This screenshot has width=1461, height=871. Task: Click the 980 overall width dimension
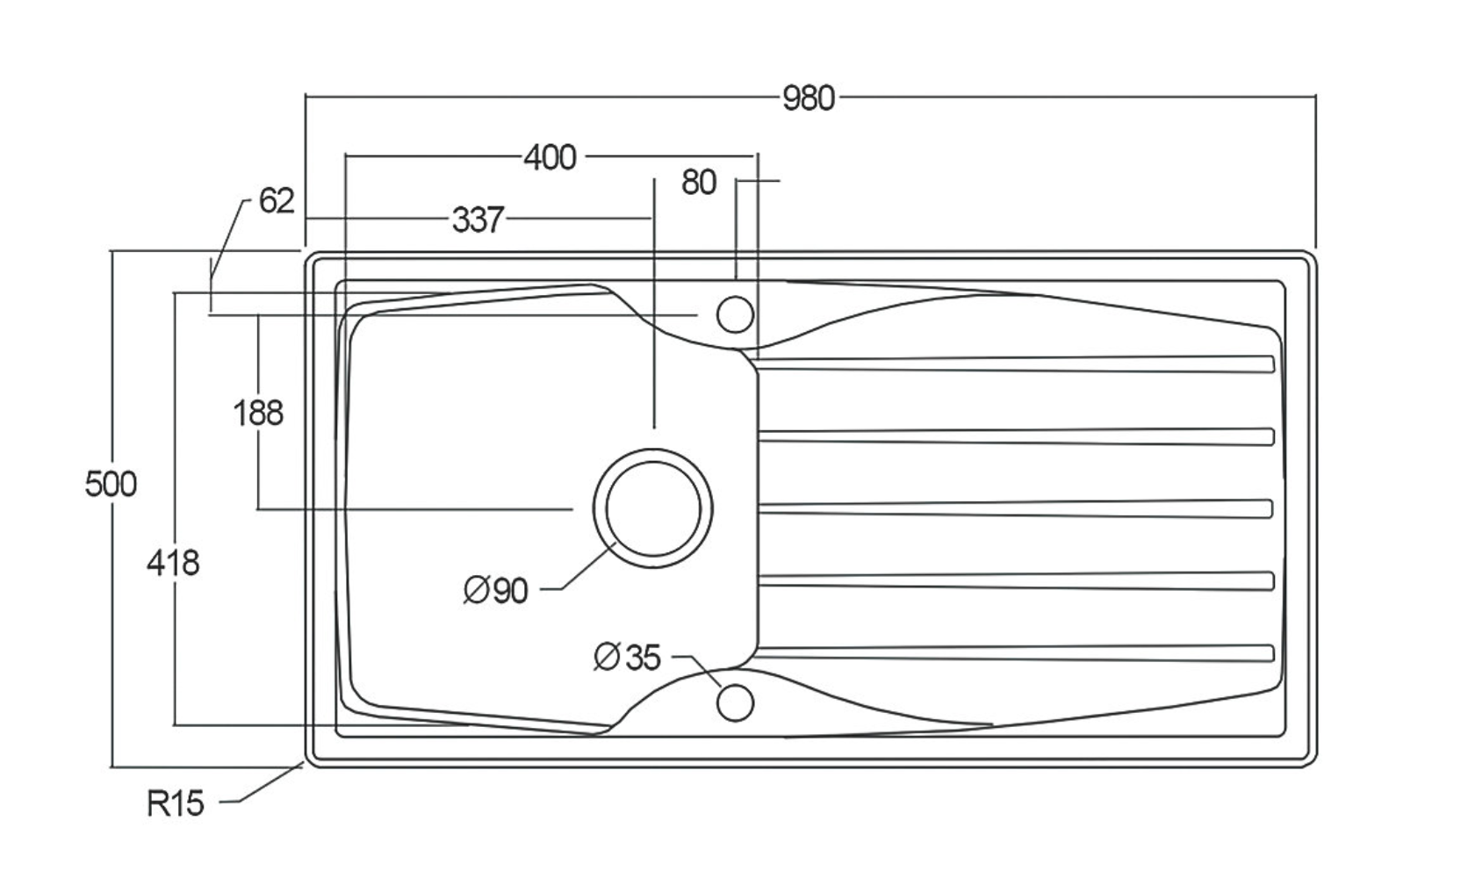(x=808, y=98)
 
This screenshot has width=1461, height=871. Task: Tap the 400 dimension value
(x=551, y=157)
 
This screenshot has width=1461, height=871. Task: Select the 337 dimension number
(x=478, y=219)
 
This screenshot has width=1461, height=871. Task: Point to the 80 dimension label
(x=699, y=183)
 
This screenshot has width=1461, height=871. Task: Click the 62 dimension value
(x=277, y=201)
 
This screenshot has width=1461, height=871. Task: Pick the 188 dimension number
(x=258, y=413)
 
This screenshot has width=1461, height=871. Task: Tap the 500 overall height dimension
(x=111, y=484)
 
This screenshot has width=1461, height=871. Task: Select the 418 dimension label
(x=173, y=562)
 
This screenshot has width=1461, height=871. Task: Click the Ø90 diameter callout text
(x=496, y=590)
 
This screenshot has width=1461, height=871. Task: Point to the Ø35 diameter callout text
(x=627, y=656)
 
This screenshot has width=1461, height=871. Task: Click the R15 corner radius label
(x=176, y=803)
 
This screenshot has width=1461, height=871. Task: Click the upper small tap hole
(x=735, y=313)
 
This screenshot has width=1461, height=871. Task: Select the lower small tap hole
(x=735, y=702)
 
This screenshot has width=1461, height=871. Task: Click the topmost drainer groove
(x=1014, y=364)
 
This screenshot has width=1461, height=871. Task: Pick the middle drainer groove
(x=1014, y=508)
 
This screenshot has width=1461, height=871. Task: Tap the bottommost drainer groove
(x=1014, y=653)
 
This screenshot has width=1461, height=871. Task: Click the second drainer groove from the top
(x=1014, y=436)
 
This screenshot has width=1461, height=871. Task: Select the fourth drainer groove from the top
(x=1014, y=580)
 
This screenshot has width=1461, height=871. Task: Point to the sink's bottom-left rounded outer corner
(x=310, y=762)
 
